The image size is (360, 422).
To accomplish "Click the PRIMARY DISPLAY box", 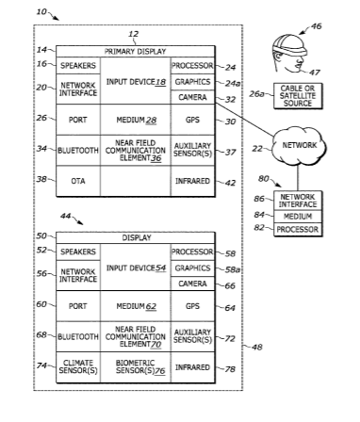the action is tap(136, 52).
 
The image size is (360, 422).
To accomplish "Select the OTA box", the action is tap(78, 181).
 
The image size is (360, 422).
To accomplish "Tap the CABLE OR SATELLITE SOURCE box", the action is tap(298, 96).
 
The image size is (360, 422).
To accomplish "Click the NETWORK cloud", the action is tap(300, 145).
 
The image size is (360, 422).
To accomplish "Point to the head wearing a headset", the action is tap(288, 54).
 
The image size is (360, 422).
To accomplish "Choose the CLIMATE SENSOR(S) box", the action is tap(78, 367).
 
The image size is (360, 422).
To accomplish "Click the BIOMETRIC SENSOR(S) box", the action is tap(136, 367).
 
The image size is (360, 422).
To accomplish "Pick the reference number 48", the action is tap(257, 348).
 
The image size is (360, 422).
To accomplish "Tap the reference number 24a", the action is tap(233, 83).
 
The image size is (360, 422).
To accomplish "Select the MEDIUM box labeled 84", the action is tap(298, 217).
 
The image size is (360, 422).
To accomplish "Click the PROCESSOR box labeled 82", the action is tap(298, 230).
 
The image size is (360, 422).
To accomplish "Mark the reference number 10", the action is tap(41, 11).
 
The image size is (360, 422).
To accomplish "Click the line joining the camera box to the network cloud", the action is tap(244, 120).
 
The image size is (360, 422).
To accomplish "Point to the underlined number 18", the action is tap(160, 82).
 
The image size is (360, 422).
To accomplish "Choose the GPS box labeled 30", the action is tap(193, 120).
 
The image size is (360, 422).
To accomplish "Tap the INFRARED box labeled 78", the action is tap(193, 367).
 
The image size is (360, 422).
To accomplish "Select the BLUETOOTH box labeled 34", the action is tap(78, 151).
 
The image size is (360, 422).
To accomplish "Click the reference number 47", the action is tap(315, 73).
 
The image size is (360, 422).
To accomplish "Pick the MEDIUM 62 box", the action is tap(136, 306).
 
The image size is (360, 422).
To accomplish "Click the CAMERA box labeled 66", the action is tap(193, 284).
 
